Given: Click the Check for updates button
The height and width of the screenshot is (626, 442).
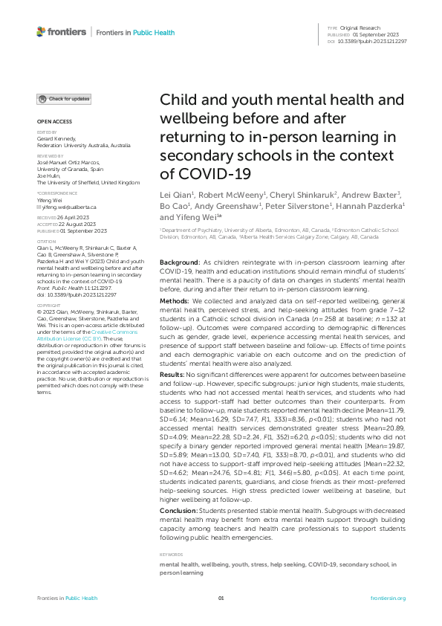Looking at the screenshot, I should coord(65,98).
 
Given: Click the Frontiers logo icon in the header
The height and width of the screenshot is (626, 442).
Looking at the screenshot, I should coord(41,32).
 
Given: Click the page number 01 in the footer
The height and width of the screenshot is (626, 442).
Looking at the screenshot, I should coord(221,598).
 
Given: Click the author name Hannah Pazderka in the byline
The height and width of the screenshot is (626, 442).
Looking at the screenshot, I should coord(375,205).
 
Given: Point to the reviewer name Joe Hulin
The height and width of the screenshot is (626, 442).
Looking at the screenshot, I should coord(50,176).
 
